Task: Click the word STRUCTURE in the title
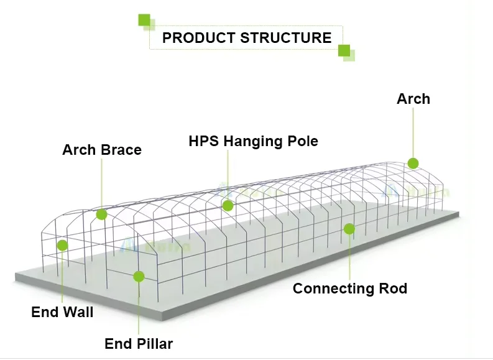pyautogui.click(x=286, y=38)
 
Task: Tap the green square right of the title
pyautogui.click(x=344, y=50)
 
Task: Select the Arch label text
pyautogui.click(x=413, y=99)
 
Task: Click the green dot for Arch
pyautogui.click(x=413, y=163)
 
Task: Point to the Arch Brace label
pyautogui.click(x=102, y=150)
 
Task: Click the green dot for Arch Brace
pyautogui.click(x=101, y=215)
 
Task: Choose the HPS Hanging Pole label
pyautogui.click(x=253, y=141)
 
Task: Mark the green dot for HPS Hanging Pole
pyautogui.click(x=228, y=205)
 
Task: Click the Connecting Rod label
pyautogui.click(x=350, y=288)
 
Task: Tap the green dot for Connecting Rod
pyautogui.click(x=349, y=229)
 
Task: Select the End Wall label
pyautogui.click(x=62, y=312)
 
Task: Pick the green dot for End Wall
pyautogui.click(x=62, y=246)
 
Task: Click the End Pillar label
pyautogui.click(x=139, y=344)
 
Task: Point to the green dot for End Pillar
pyautogui.click(x=139, y=277)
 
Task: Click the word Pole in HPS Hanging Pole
pyautogui.click(x=303, y=141)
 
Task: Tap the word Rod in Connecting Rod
pyautogui.click(x=393, y=288)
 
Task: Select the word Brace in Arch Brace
pyautogui.click(x=121, y=150)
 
